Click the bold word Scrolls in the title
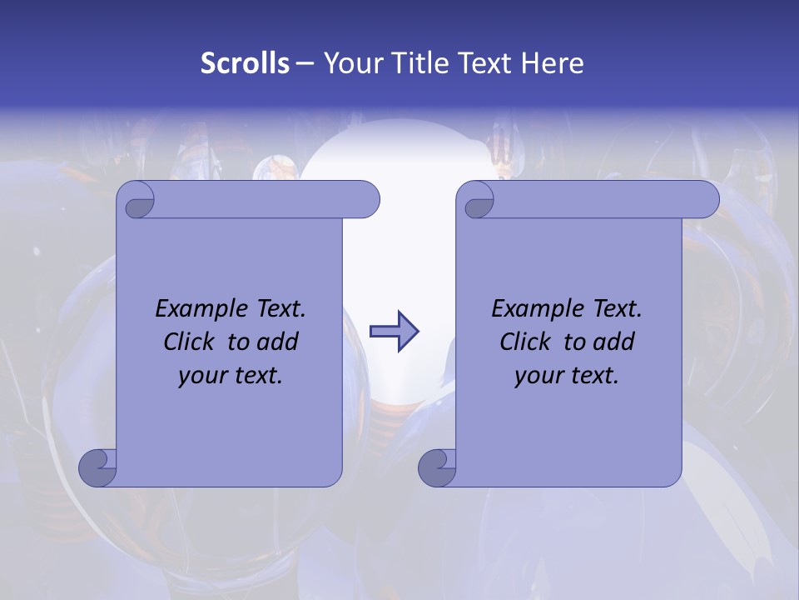coord(245,63)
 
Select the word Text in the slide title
coord(486,63)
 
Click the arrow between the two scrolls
coord(394,332)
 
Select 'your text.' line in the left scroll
coord(231,375)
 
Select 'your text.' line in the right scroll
coord(567,375)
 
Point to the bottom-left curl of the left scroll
coord(98,467)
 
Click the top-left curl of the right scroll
coord(477,200)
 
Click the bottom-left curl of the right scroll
coord(437,467)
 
